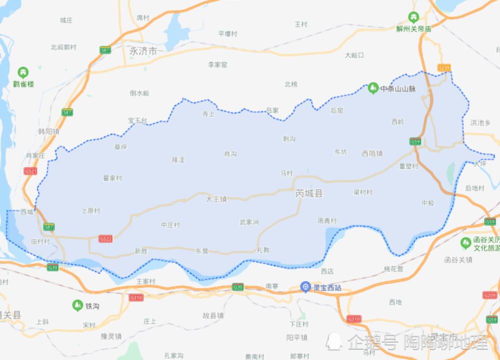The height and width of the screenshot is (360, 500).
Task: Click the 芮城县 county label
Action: (309, 193)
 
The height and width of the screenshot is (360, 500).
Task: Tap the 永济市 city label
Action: (143, 51)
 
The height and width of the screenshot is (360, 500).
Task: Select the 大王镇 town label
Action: (216, 199)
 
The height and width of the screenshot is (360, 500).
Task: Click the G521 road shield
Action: (30, 171)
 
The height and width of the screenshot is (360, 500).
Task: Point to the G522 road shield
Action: (105, 239)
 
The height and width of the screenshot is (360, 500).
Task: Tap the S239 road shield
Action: (443, 67)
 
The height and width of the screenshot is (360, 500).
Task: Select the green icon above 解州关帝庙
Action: (413, 17)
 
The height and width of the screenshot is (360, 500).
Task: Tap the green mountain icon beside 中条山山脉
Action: (372, 88)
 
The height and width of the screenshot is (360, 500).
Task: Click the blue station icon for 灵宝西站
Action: (305, 286)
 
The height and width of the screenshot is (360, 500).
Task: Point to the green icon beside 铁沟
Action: (77, 305)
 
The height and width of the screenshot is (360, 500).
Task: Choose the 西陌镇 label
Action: (372, 153)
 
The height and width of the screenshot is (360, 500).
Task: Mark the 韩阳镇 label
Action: (48, 131)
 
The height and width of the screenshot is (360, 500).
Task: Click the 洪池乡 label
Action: (480, 122)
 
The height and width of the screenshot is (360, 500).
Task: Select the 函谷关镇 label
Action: (458, 259)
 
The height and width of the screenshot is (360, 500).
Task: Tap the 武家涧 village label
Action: (249, 221)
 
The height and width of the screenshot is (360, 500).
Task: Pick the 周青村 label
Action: (327, 220)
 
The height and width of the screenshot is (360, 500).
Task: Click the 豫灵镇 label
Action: (111, 336)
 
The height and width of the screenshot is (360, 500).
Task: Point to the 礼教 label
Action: (262, 249)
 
